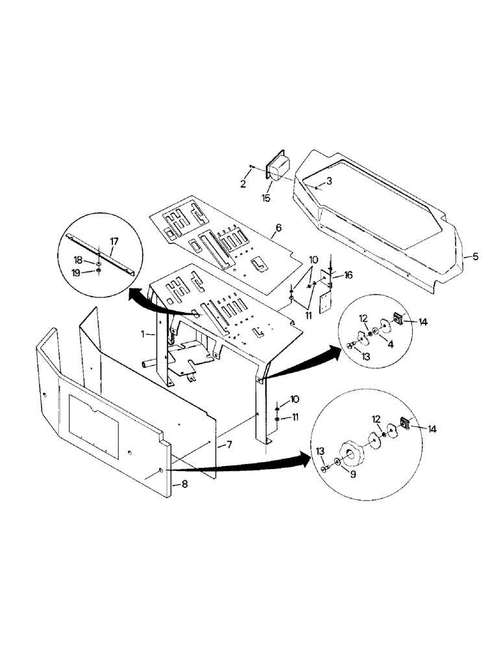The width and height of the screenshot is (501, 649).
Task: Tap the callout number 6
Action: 278,228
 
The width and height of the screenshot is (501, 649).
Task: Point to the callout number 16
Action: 348,276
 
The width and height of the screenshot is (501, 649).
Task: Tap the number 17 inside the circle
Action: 114,241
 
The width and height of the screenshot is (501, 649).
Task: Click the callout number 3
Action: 329,182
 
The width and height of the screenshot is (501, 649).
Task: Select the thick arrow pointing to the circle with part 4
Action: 305,362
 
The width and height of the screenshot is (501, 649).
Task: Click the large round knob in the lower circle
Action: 354,454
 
